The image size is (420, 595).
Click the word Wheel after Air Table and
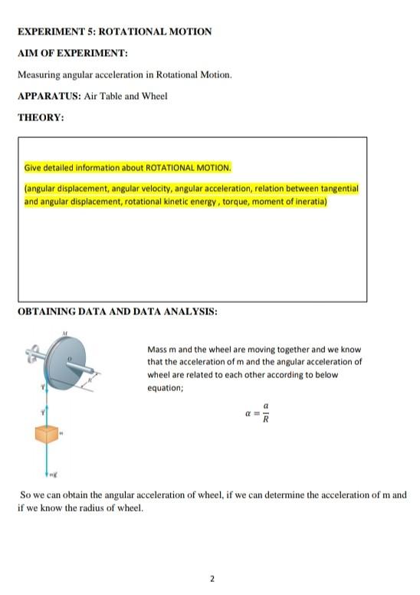(x=154, y=96)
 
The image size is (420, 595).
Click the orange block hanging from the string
(x=48, y=436)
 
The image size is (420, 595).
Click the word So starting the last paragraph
(x=25, y=495)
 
